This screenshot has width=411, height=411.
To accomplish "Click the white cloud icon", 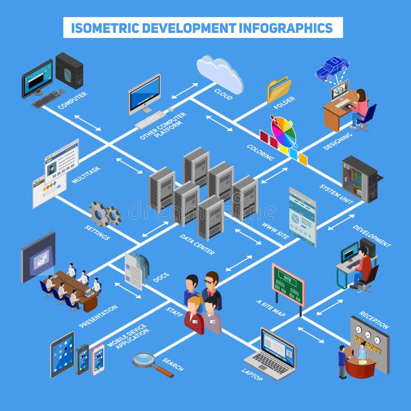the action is click(219, 73).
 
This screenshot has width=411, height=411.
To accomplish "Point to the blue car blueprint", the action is click(332, 69).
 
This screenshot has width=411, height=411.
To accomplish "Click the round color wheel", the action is click(284, 132).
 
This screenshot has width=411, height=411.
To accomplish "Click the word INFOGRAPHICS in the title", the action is click(288, 28).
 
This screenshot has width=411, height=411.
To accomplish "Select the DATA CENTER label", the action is click(197, 245).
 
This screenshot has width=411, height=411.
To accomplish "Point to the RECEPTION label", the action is click(373, 320).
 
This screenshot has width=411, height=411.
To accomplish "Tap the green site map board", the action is click(288, 285).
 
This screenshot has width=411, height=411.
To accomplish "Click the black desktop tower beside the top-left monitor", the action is click(69, 70).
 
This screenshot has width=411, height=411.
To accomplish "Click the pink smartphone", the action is click(98, 359).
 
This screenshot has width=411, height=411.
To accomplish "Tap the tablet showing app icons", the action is click(62, 354).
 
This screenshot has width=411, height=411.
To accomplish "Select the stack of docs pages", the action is click(137, 270).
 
